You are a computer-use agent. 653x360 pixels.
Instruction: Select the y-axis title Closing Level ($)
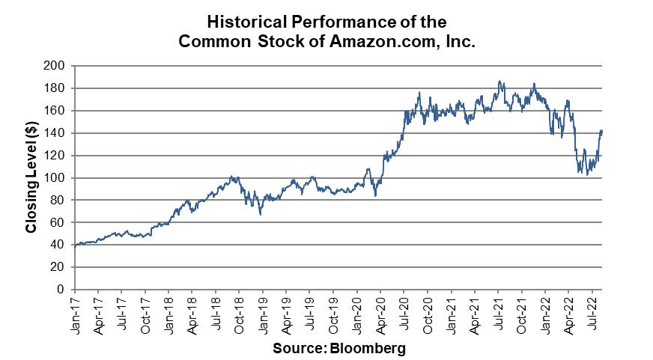point(32,177)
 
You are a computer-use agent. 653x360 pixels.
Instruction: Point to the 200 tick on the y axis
point(59,66)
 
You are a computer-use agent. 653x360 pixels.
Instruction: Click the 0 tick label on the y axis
point(65,290)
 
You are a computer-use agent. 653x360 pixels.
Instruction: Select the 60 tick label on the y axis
point(62,223)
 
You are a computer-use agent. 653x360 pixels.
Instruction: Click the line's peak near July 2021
point(499,82)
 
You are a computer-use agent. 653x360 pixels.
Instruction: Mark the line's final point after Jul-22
point(602,131)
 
